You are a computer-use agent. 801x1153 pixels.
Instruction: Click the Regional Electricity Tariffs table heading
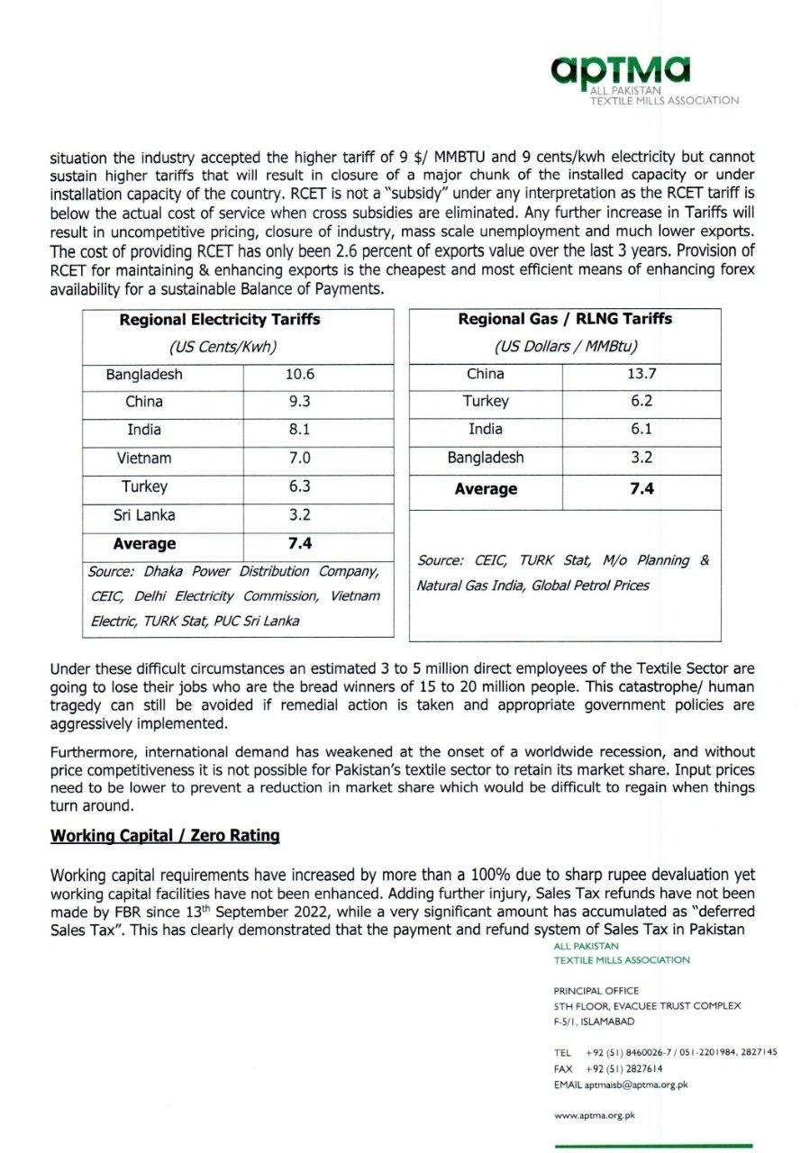pyautogui.click(x=220, y=319)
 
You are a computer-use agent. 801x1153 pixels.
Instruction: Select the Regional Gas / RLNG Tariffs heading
pyautogui.click(x=565, y=319)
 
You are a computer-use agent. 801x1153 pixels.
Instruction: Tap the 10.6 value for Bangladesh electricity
pyautogui.click(x=299, y=374)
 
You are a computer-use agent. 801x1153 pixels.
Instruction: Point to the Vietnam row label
pyautogui.click(x=143, y=458)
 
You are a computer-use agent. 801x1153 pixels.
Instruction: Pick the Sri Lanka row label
pyautogui.click(x=143, y=515)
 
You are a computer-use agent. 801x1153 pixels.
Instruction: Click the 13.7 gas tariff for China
pyautogui.click(x=642, y=374)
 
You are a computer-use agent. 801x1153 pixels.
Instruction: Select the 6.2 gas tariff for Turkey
pyautogui.click(x=642, y=402)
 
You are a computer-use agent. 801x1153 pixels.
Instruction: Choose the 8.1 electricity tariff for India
pyautogui.click(x=299, y=430)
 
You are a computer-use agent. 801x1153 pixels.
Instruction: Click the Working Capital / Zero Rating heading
pyautogui.click(x=165, y=836)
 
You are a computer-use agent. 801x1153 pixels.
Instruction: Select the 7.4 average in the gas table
pyautogui.click(x=642, y=489)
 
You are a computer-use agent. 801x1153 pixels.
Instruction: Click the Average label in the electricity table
pyautogui.click(x=144, y=544)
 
